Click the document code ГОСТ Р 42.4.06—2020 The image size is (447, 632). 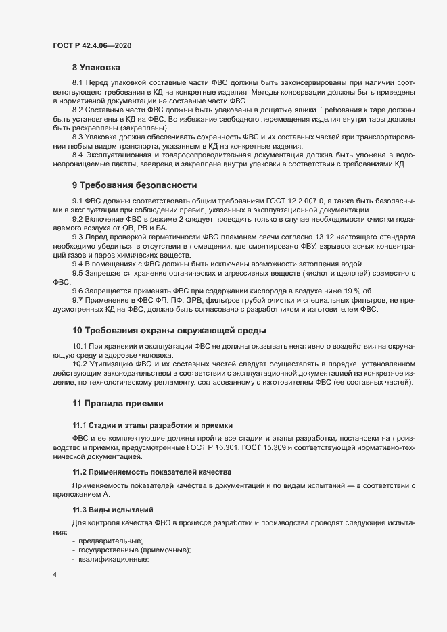[91, 45]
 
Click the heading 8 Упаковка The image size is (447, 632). [96, 68]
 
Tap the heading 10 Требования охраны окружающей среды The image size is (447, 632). [169, 330]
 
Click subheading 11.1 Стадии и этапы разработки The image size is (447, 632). [152, 425]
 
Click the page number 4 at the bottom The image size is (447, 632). [55, 575]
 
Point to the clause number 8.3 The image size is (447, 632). [78, 137]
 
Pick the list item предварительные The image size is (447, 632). [111, 541]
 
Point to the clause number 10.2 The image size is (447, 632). [80, 364]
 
